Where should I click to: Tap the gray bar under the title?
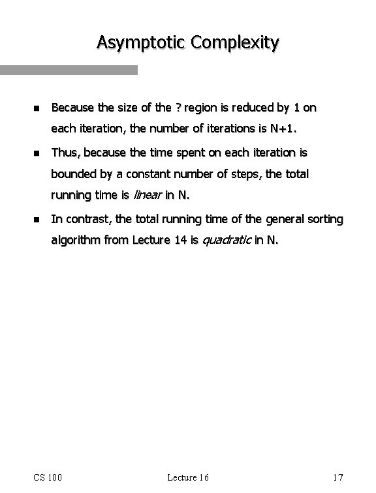coord(69,70)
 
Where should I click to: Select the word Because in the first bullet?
coord(73,106)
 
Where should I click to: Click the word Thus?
coord(65,153)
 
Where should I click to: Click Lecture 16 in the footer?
coord(187,477)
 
